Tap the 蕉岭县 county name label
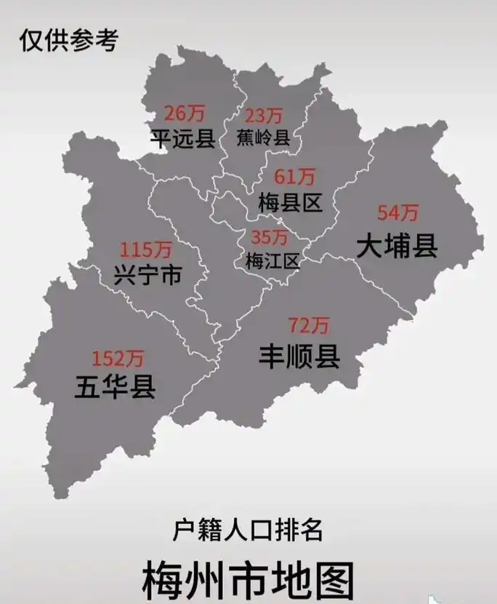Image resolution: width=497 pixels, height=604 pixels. (x=263, y=138)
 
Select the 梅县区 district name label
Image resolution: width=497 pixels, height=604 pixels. (x=290, y=202)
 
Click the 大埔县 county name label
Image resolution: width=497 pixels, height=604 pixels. (x=397, y=246)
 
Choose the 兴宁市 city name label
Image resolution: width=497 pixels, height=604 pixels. (x=148, y=275)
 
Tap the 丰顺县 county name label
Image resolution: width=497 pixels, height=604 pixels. (x=299, y=357)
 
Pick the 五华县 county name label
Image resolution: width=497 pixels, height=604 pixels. (x=115, y=386)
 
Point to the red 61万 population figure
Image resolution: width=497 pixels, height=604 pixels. (x=294, y=177)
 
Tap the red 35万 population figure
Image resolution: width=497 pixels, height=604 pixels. (x=269, y=237)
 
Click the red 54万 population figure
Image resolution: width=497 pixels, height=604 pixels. (x=398, y=213)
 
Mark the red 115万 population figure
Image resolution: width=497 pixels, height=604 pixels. (x=146, y=250)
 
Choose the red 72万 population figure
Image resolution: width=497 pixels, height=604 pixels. (x=309, y=325)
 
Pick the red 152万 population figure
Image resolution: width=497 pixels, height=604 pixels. (x=118, y=358)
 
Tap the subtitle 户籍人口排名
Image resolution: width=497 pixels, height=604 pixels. (x=248, y=530)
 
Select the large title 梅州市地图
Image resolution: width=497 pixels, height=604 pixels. (x=248, y=579)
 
